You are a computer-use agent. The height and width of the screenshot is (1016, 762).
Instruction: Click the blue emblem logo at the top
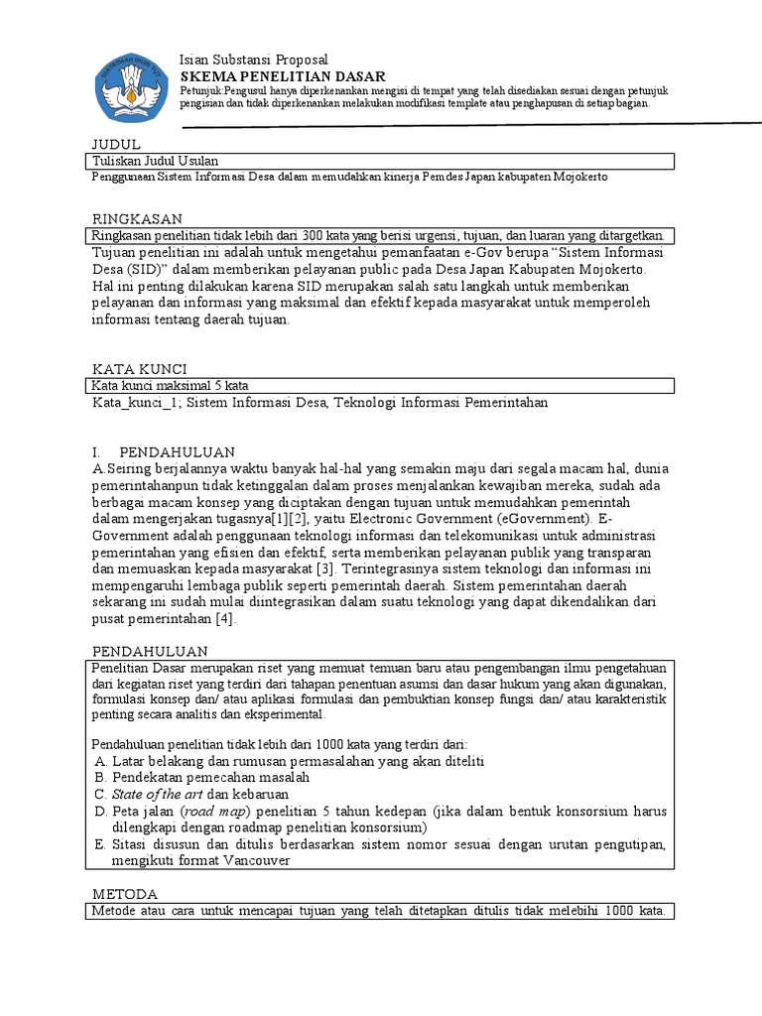[x=131, y=82]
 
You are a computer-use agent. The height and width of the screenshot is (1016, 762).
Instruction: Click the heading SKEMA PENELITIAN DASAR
[x=282, y=76]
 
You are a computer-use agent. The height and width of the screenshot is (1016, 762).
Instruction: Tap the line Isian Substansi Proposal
[x=253, y=60]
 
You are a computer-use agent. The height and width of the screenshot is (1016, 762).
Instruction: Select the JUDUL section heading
[x=116, y=144]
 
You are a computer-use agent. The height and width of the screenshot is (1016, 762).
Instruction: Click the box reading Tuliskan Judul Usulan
[x=155, y=161]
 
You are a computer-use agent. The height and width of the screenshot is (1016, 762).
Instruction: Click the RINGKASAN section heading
[x=137, y=218]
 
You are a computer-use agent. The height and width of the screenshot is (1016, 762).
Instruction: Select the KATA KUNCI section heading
[x=139, y=369]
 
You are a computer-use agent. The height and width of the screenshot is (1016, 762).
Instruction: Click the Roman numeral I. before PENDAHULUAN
[x=96, y=452]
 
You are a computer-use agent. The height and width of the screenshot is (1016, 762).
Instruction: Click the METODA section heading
[x=124, y=894]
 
